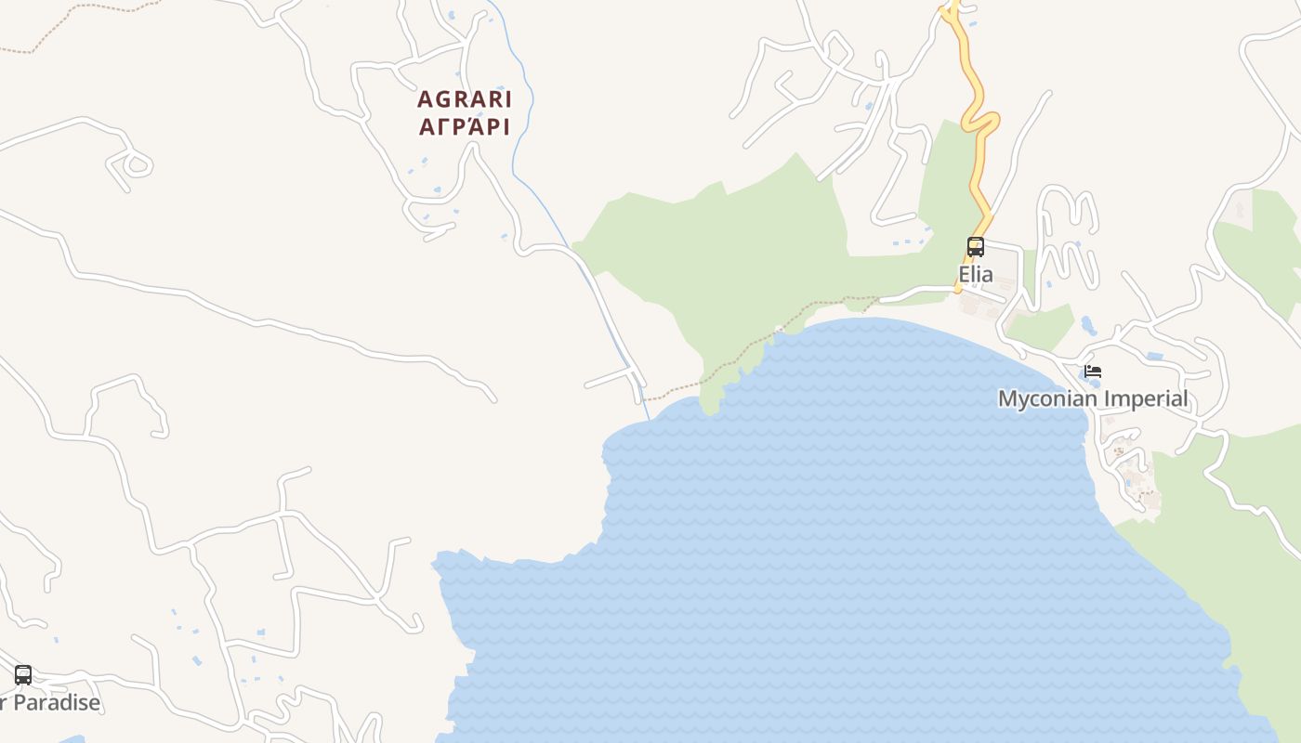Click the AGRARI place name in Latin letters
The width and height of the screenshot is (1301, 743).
(x=464, y=98)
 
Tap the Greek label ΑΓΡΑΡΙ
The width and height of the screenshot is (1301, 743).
(x=464, y=127)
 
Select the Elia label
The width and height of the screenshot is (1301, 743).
(x=976, y=275)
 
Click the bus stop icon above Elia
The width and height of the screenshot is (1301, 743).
(x=976, y=247)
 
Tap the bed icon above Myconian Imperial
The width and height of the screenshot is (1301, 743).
(x=1093, y=371)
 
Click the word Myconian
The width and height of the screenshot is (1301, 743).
(x=1042, y=399)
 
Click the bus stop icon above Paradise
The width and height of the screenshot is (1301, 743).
(x=23, y=675)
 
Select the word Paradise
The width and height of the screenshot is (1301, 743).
(x=57, y=703)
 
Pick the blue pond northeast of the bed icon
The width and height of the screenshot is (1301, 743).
(x=1155, y=356)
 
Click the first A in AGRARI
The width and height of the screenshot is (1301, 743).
(x=426, y=98)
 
